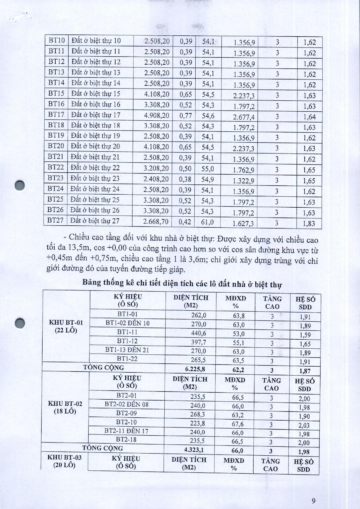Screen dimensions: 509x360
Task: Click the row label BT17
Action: tap(56, 115)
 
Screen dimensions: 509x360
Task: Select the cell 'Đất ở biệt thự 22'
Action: tap(95, 168)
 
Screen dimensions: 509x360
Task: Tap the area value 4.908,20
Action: tap(157, 115)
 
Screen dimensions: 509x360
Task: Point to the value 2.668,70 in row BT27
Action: tap(156, 222)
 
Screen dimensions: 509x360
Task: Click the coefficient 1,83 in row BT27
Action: tap(309, 224)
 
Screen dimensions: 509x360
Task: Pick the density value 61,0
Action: tap(207, 222)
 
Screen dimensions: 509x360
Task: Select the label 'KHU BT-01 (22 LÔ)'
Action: tap(66, 326)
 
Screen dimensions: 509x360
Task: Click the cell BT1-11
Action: tap(127, 332)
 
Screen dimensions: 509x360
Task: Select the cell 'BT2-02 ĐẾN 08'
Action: tap(126, 404)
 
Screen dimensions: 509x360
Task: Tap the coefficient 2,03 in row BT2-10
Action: tap(304, 425)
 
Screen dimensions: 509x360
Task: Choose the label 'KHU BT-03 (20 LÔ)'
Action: tap(65, 461)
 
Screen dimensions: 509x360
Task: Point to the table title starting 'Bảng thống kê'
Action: tap(182, 283)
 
